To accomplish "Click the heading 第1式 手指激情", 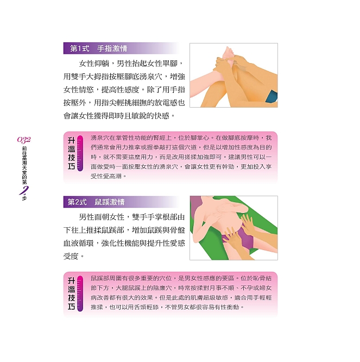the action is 99,48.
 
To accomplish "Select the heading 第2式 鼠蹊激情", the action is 96,202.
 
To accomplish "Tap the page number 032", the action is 24,140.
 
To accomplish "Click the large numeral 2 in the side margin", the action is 24,190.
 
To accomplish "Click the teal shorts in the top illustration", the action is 271,97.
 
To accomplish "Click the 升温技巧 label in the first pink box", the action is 71,153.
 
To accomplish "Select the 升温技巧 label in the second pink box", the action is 71,294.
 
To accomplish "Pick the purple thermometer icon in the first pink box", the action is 80,153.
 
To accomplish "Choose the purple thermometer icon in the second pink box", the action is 80,294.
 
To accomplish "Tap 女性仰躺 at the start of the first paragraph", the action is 94,63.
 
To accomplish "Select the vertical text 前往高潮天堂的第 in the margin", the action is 24,165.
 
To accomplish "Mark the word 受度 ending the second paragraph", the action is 71,256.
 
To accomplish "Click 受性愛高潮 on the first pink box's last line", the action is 106,177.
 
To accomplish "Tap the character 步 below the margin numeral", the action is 24,198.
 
